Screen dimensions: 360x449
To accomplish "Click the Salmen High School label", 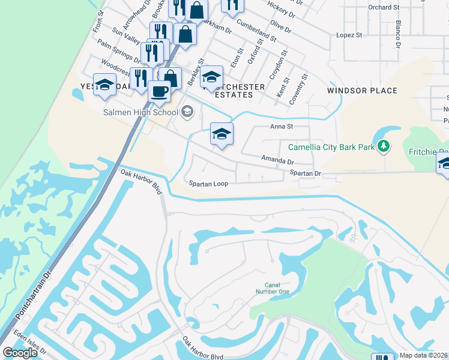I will (x=140, y=112).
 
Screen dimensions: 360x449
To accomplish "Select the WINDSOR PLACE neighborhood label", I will (x=362, y=91).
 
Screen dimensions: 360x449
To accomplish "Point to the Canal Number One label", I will (x=277, y=288).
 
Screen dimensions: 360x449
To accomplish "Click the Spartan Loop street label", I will (x=208, y=184).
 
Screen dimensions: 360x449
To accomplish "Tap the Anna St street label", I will (x=281, y=127).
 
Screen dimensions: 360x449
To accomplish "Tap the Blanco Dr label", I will (x=397, y=34).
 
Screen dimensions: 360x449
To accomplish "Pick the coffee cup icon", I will (x=159, y=91).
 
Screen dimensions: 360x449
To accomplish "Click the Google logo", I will (x=20, y=353).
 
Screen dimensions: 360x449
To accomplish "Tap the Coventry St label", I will (x=298, y=89).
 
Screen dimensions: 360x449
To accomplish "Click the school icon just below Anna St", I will (x=221, y=134).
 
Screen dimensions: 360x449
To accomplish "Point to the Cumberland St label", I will (x=257, y=30).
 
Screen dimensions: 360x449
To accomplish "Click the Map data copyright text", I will (x=424, y=355).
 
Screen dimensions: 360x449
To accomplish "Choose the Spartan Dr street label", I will (x=306, y=173).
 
